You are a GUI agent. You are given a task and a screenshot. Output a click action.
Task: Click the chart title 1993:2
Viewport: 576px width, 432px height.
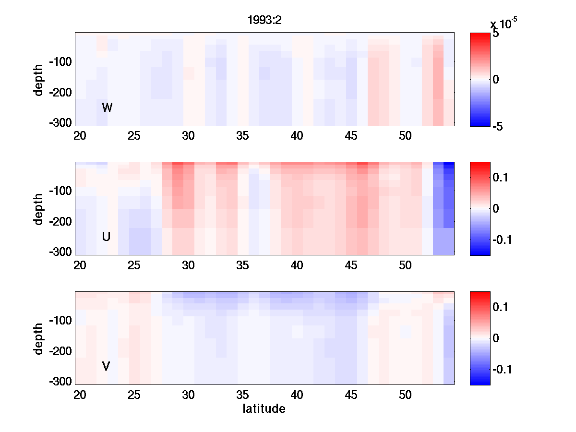coord(264,20)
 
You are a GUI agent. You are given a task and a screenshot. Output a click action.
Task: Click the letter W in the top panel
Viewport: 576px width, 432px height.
coord(107,108)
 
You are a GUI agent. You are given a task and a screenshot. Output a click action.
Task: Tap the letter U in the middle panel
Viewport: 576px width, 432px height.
coord(107,237)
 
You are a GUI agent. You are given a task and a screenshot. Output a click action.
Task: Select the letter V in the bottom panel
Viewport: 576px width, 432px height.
coord(106,366)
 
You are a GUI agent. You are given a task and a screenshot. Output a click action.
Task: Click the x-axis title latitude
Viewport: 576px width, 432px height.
coord(264,409)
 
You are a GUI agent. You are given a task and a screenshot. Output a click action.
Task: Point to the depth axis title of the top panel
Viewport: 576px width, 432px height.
coord(39,79)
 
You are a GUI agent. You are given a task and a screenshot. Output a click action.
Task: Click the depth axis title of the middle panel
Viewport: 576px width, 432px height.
coord(39,209)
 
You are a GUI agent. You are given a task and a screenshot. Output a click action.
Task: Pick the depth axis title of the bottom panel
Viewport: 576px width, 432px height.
coord(39,338)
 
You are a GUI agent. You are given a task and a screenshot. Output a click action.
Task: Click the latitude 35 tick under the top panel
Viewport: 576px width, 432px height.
coord(243,136)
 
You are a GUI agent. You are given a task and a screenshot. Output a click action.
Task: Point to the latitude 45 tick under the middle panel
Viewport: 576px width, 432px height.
coord(351,265)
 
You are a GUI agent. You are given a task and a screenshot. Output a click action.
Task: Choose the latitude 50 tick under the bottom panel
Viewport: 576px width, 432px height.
coord(406,395)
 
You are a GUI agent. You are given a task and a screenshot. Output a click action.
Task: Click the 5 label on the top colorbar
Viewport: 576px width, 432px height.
coord(496,34)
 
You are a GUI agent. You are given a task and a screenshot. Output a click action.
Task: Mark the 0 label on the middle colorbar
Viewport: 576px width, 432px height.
coord(496,209)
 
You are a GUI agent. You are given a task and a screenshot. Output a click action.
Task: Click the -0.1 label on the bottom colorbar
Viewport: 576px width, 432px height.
coord(502,369)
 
